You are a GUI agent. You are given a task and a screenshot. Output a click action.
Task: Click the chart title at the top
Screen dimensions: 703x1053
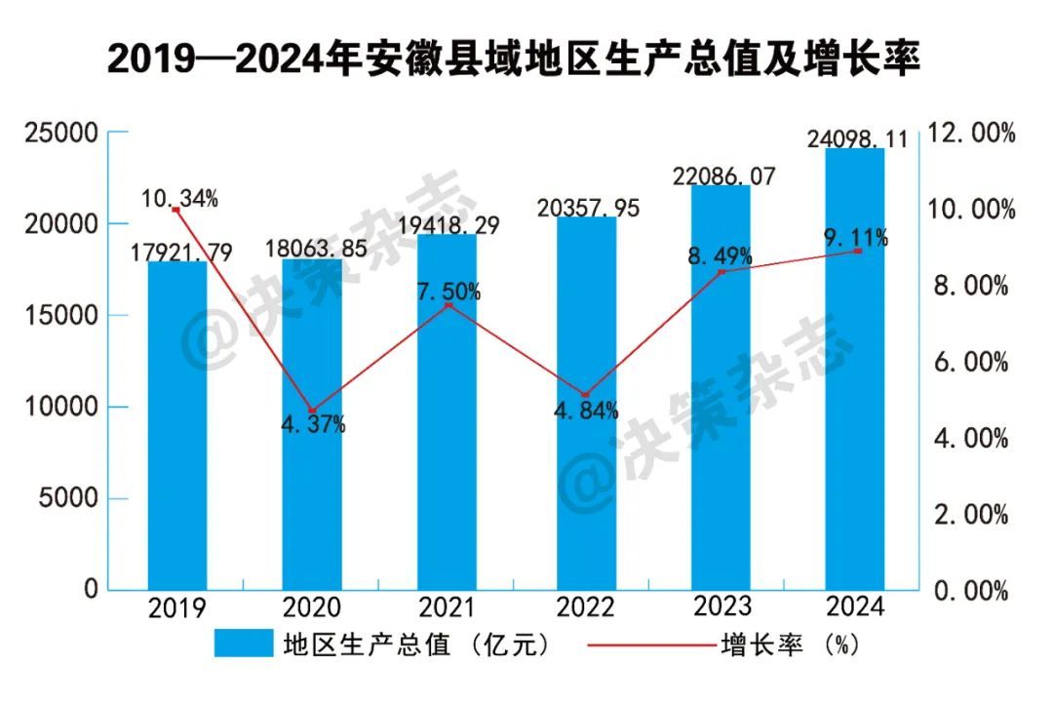(x=514, y=60)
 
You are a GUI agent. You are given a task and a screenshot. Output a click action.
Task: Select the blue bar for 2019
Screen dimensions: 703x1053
(x=176, y=429)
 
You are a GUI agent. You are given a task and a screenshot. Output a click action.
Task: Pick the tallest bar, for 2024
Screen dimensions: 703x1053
(x=855, y=371)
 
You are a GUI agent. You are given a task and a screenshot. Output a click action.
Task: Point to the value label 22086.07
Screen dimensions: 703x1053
(x=722, y=176)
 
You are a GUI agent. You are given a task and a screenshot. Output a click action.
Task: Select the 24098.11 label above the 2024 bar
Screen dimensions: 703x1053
(x=858, y=139)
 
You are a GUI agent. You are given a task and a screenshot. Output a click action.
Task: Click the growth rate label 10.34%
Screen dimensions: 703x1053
(x=179, y=199)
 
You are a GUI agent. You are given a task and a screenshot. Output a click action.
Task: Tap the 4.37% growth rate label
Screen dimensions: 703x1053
(x=313, y=425)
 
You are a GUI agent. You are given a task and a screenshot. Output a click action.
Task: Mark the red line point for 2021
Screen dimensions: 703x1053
(x=448, y=306)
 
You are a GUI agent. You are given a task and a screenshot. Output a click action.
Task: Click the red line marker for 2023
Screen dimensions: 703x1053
(x=721, y=272)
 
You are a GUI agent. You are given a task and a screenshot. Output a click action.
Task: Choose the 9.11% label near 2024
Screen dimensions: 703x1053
(x=855, y=236)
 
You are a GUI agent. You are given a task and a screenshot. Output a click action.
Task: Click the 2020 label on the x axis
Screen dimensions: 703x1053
(x=312, y=608)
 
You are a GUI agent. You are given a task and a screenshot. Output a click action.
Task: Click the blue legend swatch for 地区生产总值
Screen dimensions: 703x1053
(x=244, y=644)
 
